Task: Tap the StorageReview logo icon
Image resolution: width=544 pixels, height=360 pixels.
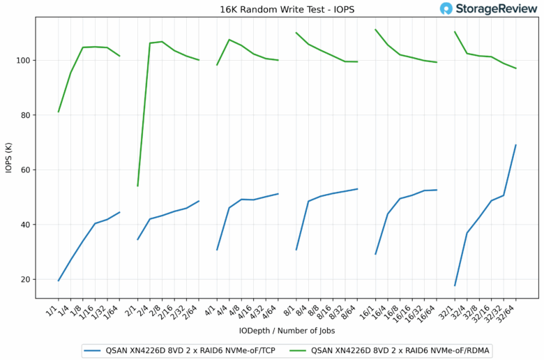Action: coord(446,9)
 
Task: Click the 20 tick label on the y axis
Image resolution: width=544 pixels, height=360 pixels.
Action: coord(26,279)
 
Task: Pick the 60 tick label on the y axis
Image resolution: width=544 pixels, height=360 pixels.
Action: coord(26,170)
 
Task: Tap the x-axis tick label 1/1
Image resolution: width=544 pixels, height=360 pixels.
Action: coord(52,308)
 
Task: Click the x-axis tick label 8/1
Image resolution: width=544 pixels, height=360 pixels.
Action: coord(290,308)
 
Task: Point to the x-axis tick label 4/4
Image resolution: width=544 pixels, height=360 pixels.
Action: coord(223,308)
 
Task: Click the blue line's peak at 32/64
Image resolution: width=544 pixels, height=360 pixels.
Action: coord(515,145)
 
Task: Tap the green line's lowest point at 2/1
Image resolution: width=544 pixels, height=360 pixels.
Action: coord(137,186)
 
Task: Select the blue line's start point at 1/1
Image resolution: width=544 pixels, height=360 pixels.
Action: coord(59,280)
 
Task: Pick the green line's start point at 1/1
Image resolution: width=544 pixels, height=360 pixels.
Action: coord(59,112)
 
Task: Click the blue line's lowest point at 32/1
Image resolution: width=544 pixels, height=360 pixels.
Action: coord(455,285)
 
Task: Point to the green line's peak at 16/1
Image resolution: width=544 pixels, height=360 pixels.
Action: coord(375,29)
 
